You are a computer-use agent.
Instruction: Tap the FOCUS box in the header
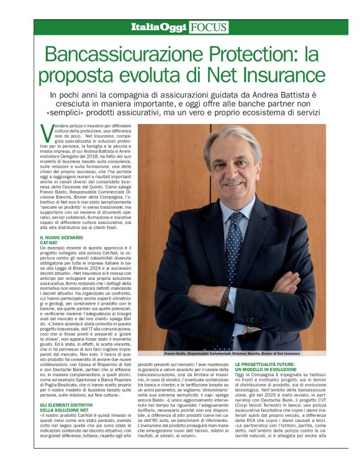coord(209,27)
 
